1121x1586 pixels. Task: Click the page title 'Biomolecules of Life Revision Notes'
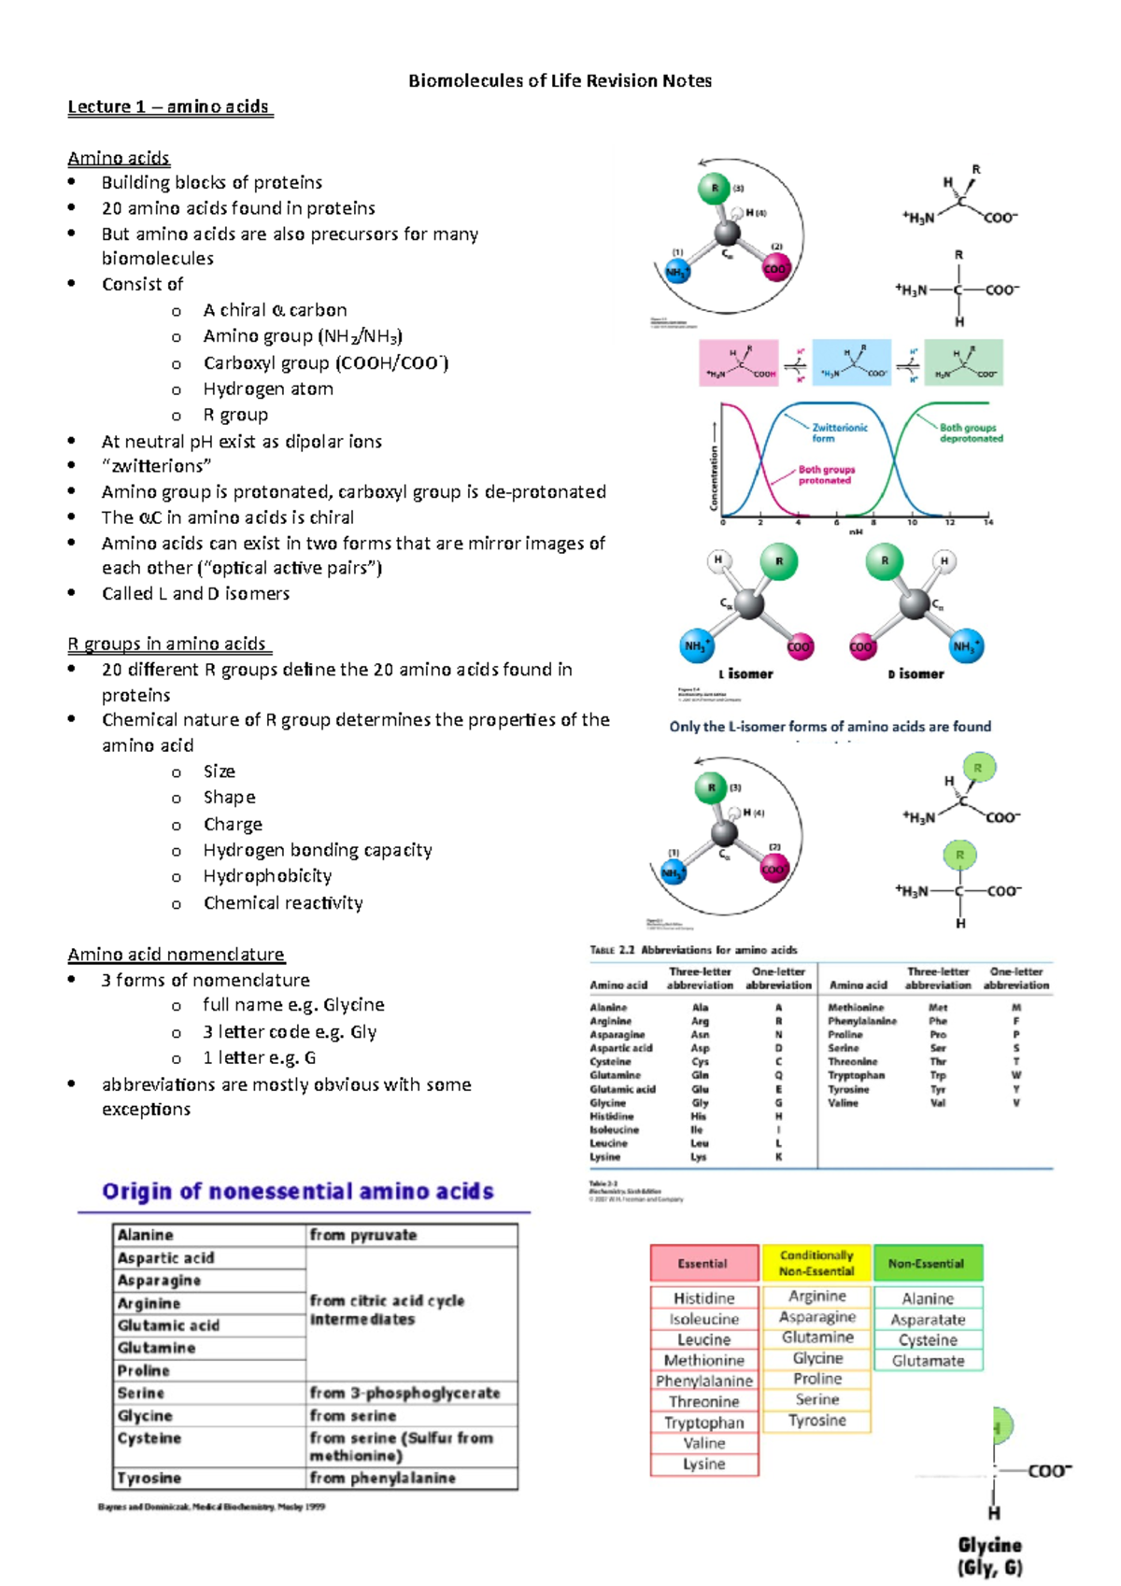(560, 81)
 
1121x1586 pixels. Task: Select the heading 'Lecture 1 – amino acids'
(169, 106)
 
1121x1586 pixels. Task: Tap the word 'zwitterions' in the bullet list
(157, 466)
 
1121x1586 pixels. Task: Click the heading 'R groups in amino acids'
(168, 644)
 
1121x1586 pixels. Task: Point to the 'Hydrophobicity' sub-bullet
(267, 876)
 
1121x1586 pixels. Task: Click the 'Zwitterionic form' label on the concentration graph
(839, 432)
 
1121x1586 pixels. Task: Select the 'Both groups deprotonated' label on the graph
(971, 432)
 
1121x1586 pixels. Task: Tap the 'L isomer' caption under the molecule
(745, 673)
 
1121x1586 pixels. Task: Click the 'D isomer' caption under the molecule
(915, 673)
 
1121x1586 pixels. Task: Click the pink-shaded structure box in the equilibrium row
(739, 363)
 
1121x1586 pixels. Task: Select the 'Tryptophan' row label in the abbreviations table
(856, 1075)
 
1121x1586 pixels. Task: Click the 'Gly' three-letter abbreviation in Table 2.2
(700, 1103)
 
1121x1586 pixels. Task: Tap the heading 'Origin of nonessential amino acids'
(298, 1191)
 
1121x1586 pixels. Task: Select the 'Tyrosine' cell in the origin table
(149, 1479)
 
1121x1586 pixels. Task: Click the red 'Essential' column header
(703, 1264)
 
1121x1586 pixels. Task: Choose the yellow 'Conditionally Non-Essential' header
(816, 1264)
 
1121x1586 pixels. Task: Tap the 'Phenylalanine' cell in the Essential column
(704, 1381)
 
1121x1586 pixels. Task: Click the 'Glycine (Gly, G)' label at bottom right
(989, 1556)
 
